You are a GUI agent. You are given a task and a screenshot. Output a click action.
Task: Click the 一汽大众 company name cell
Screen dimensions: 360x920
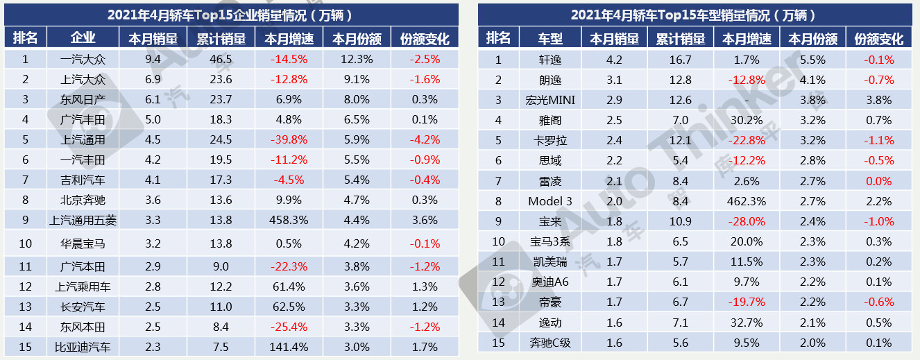click(x=83, y=59)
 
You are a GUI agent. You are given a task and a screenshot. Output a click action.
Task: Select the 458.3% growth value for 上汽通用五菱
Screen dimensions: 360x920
click(x=289, y=221)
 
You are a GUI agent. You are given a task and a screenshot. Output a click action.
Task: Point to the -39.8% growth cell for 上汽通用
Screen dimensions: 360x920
click(x=289, y=139)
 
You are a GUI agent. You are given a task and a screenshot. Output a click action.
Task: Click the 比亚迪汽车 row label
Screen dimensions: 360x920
click(x=83, y=347)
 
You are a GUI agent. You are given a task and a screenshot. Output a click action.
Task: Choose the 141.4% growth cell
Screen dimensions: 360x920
click(x=289, y=347)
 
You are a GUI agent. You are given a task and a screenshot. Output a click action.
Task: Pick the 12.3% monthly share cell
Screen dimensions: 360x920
click(x=357, y=59)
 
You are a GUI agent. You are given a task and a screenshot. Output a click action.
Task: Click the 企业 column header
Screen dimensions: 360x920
click(x=83, y=38)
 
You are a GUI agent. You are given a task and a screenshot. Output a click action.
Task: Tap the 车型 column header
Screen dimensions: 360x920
click(x=550, y=39)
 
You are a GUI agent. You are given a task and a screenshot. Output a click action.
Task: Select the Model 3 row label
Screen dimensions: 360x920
click(x=550, y=201)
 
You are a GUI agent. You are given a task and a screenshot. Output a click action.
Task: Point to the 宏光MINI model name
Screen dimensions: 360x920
click(x=550, y=100)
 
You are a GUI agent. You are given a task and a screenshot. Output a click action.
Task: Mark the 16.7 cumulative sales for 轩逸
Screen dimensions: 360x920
click(x=680, y=60)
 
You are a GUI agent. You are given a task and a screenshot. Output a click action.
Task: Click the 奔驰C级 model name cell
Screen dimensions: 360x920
click(x=550, y=342)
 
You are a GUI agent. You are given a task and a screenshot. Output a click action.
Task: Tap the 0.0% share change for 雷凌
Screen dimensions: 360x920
click(x=879, y=181)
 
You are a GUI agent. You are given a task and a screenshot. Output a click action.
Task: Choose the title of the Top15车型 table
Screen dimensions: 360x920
click(x=694, y=15)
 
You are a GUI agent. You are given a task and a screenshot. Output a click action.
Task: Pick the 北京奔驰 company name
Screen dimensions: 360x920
click(x=83, y=200)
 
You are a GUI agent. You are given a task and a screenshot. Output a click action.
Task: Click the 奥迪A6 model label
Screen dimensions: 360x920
click(x=550, y=282)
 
